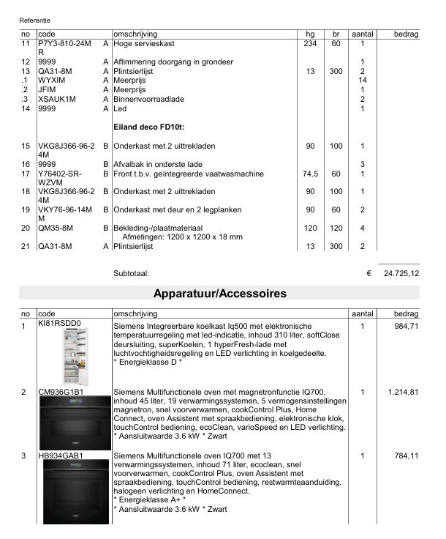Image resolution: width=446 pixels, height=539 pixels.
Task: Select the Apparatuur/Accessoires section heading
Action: [x=219, y=294]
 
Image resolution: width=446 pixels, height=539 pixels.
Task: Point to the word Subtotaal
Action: [x=131, y=273]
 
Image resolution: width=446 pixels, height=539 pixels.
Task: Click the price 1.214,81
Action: [x=403, y=393]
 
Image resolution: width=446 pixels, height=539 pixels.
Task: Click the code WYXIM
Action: [x=52, y=80]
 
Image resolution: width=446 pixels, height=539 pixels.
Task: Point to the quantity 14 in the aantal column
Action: [x=362, y=80]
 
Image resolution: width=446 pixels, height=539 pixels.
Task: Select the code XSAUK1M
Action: [x=57, y=99]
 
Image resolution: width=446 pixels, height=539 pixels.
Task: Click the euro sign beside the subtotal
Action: [x=369, y=273]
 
